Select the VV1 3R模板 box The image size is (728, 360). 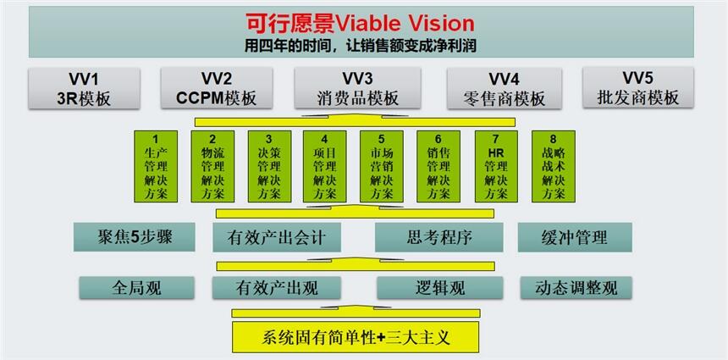tap(84, 88)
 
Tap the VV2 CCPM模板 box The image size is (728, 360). tap(217, 88)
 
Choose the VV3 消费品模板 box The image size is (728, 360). tap(357, 88)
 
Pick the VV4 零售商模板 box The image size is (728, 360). tap(505, 88)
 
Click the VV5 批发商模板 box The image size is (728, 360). tap(638, 87)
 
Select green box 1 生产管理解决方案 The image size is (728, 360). tap(156, 166)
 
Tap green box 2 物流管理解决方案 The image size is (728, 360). tap(212, 166)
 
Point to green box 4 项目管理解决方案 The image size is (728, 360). tap(324, 166)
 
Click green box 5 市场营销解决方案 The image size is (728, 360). tap(382, 166)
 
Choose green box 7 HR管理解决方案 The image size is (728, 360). tap(496, 166)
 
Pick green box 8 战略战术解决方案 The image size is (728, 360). tap(554, 166)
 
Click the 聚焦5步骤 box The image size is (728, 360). tap(135, 237)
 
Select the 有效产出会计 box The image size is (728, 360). tap(277, 237)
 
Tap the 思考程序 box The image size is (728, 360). tap(438, 237)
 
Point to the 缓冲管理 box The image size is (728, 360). tap(575, 237)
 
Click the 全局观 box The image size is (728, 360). tap(136, 288)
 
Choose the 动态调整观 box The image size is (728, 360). tap(576, 288)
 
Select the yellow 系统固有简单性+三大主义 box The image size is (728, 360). tap(356, 336)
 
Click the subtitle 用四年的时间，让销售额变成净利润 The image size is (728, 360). tap(361, 46)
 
